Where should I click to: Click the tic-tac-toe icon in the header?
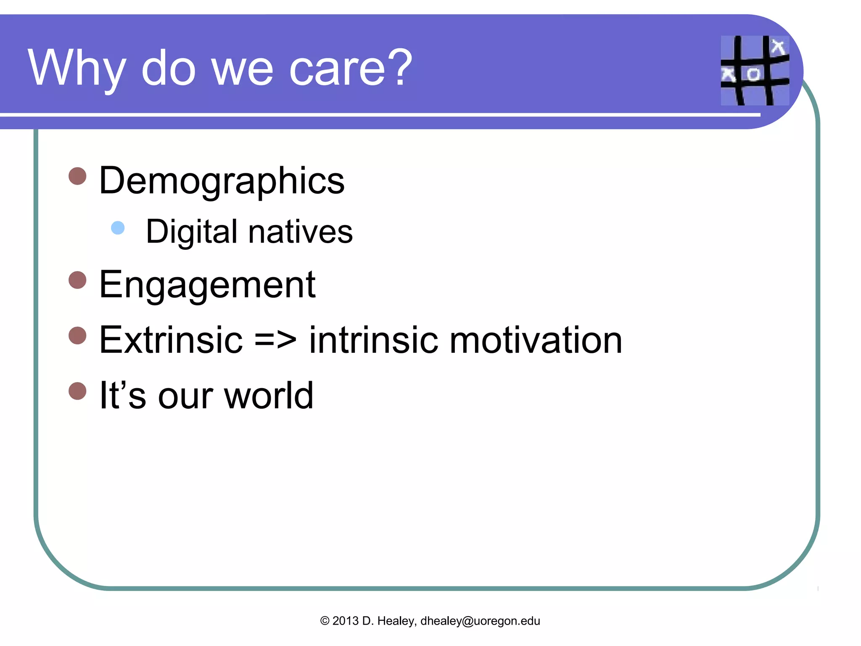755,70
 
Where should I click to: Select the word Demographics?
222,181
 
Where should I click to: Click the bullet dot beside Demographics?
77,176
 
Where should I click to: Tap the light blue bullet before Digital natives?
118,228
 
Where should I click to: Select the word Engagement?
207,285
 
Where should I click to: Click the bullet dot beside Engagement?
77,280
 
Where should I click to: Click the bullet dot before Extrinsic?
77,336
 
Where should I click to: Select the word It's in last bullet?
122,395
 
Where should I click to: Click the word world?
269,395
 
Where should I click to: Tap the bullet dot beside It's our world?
77,391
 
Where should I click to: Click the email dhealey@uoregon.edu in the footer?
480,621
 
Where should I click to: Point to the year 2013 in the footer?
345,621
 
